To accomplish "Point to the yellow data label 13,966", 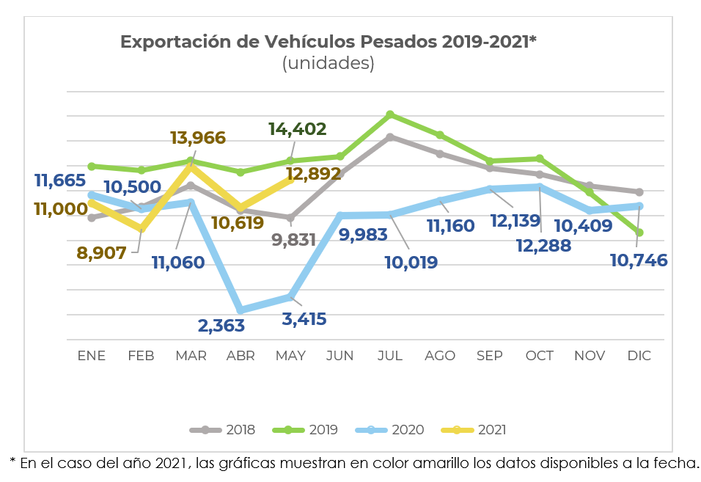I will point(197,137).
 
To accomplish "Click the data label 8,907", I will point(102,253).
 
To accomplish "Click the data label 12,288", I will point(544,246).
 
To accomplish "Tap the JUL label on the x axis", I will point(389,356).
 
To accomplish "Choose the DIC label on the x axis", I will point(639,356).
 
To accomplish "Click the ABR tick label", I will point(241,356).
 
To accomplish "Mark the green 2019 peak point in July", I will point(390,114).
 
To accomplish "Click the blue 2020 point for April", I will point(241,310).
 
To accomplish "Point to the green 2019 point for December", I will point(640,233).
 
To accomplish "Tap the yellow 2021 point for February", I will point(142,230).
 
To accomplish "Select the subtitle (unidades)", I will point(328,64).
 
